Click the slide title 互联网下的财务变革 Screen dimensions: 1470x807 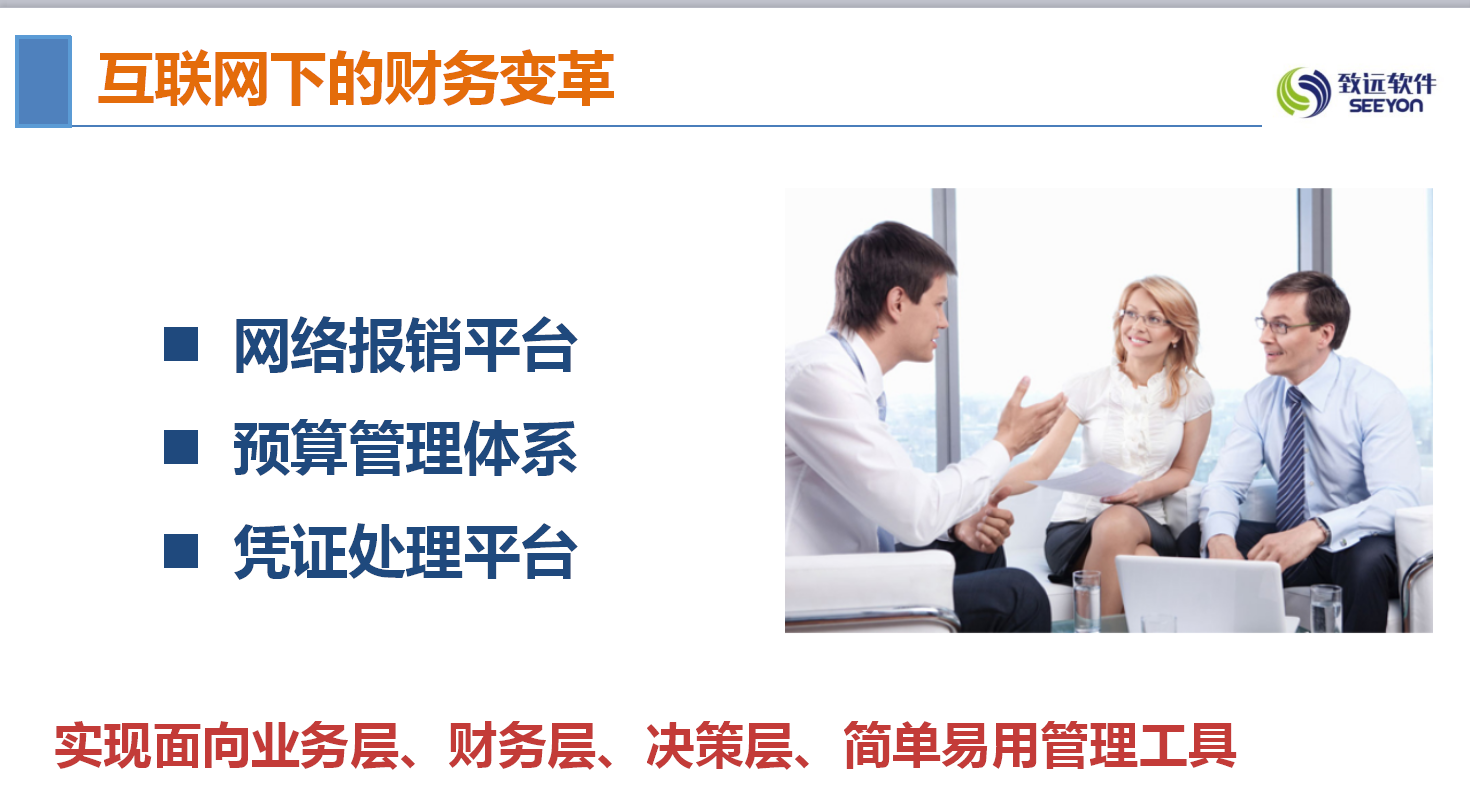356,79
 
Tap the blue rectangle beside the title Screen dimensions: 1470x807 43,81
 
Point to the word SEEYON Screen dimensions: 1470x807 1386,106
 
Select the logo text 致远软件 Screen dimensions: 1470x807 1387,83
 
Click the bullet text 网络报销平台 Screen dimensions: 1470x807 406,346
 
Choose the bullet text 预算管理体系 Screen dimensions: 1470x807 406,448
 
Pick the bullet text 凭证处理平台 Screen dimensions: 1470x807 406,551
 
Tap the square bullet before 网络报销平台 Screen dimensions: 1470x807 181,344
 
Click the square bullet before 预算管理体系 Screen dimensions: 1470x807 181,447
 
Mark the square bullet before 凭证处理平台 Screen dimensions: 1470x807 181,550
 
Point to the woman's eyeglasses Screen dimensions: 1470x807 1145,319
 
